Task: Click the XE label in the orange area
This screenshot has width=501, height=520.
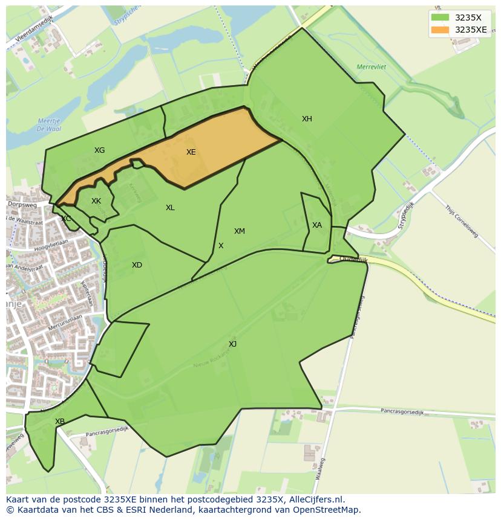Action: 191,152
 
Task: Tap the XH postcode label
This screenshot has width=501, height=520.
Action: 307,119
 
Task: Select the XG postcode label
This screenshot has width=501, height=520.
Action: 99,150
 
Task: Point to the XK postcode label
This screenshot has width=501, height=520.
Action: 96,201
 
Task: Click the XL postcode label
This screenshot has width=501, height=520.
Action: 170,208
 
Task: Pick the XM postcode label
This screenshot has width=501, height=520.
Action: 240,231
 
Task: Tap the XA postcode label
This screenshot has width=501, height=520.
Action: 317,225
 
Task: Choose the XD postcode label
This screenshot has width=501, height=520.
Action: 137,265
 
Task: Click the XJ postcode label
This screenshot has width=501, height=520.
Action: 232,344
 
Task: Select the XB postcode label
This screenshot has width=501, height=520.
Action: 60,422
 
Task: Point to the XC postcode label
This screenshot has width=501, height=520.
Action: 66,219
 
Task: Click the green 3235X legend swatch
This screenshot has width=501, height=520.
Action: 440,18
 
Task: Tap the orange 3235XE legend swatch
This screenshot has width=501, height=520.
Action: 440,30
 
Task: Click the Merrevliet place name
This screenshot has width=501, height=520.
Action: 371,66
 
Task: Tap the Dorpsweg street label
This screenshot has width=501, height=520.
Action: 22,205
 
